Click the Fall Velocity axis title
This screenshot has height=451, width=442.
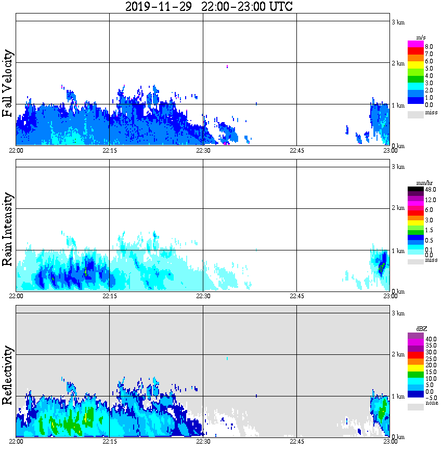click(7, 83)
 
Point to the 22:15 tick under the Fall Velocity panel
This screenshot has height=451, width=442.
click(109, 150)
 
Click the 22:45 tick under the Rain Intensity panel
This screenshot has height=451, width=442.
click(296, 296)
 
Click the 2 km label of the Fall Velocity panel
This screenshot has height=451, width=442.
click(398, 63)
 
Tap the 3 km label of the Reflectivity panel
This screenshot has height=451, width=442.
click(398, 313)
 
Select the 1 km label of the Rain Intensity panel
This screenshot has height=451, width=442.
click(398, 251)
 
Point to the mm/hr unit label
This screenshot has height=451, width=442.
click(418, 184)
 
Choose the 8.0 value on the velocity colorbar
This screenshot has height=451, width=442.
click(429, 46)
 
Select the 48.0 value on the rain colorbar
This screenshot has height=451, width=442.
click(430, 190)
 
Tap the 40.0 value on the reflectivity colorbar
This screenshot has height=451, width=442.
click(430, 338)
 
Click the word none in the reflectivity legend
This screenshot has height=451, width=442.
click(431, 403)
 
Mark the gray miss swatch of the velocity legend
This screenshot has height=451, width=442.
click(415, 113)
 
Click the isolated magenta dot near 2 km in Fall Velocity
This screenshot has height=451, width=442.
click(227, 67)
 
